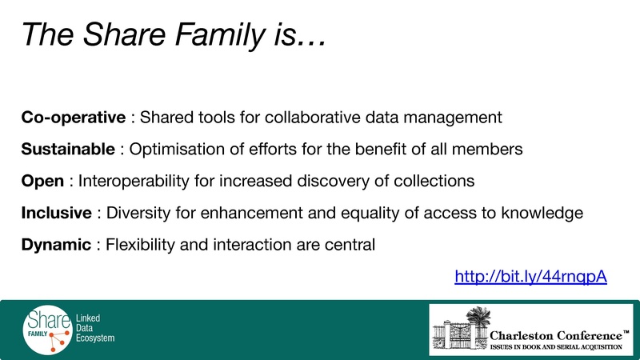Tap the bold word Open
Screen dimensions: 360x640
(x=42, y=181)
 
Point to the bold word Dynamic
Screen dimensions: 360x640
(x=56, y=245)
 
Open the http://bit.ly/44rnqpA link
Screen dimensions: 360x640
(x=530, y=277)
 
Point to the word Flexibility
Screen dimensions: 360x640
(x=136, y=245)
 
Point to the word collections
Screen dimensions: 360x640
(x=437, y=181)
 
